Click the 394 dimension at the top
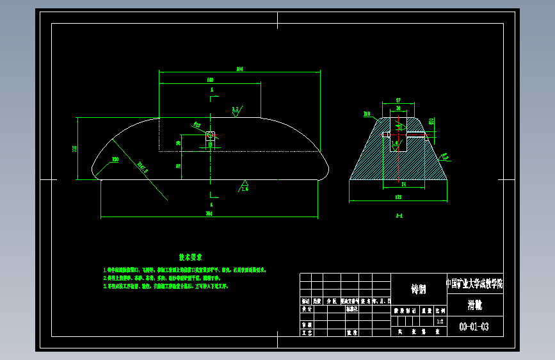[239, 69]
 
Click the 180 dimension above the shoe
[210, 79]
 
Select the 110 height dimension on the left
[75, 149]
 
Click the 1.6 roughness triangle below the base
[245, 186]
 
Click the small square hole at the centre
[210, 135]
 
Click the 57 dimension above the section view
[398, 101]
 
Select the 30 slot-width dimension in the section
[398, 109]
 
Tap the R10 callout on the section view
[367, 114]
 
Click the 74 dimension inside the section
[403, 184]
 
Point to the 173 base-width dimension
[398, 197]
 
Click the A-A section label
[398, 216]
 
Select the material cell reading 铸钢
[418, 289]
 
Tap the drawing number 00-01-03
[474, 327]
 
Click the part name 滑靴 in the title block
[474, 305]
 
